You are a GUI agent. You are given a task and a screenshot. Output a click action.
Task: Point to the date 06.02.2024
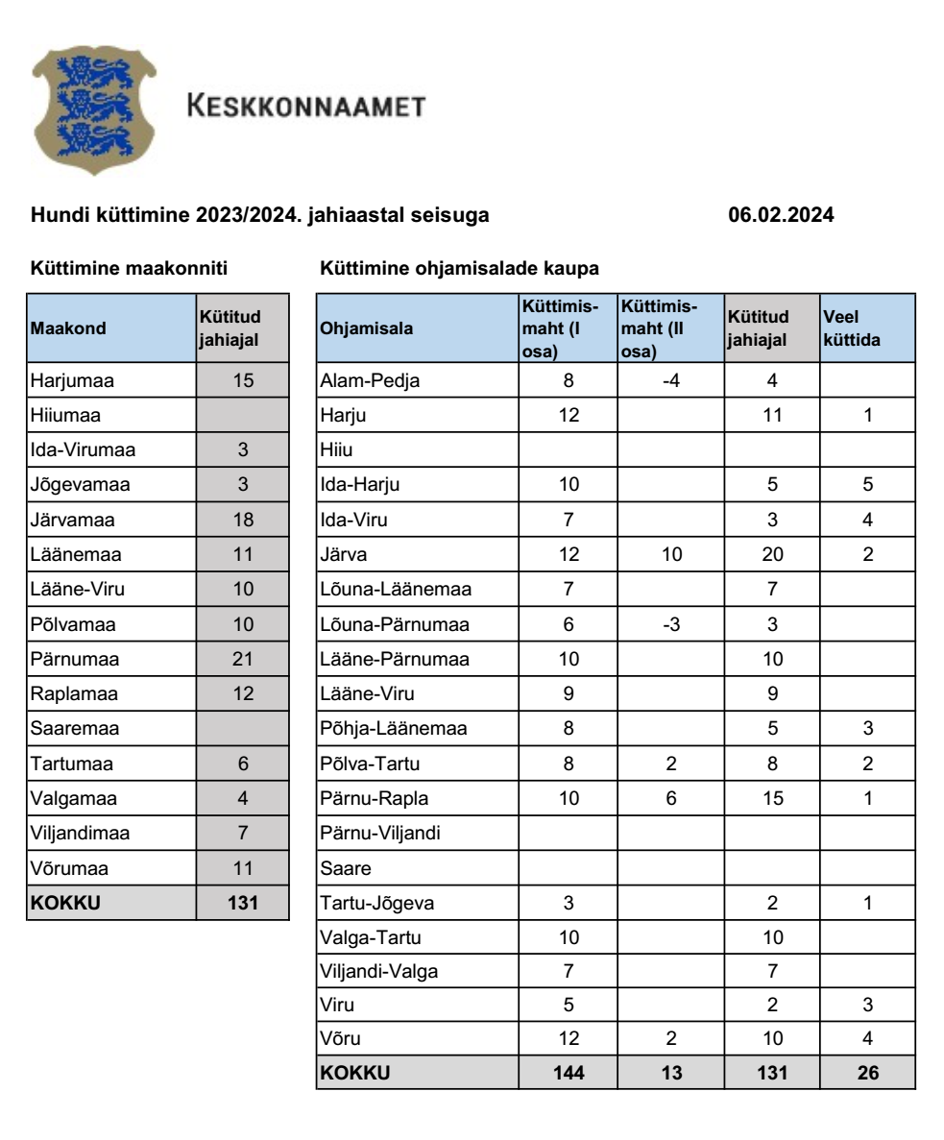coord(782,216)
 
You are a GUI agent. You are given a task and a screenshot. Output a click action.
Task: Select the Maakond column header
coord(68,328)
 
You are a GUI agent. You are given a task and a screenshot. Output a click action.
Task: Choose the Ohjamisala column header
coord(367,328)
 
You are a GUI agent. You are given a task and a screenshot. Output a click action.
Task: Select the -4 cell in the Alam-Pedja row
coord(671,380)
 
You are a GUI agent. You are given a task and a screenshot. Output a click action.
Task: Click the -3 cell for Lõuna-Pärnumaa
coord(671,625)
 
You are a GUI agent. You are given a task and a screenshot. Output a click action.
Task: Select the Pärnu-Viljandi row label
coord(379,832)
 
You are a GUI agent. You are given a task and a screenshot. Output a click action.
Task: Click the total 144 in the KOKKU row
coord(569,1074)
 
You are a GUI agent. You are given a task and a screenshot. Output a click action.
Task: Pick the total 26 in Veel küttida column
coord(866,1074)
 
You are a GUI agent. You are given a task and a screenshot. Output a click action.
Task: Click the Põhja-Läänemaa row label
coord(393,730)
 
